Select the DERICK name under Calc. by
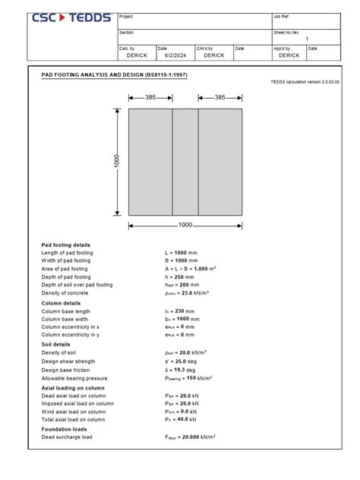(137, 55)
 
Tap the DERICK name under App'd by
(289, 55)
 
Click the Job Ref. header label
(281, 16)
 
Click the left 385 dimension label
(150, 97)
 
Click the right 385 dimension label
(220, 97)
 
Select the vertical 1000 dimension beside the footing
(118, 163)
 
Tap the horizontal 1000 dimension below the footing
(185, 225)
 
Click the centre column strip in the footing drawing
(185, 163)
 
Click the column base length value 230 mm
(182, 311)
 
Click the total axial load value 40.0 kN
(182, 419)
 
